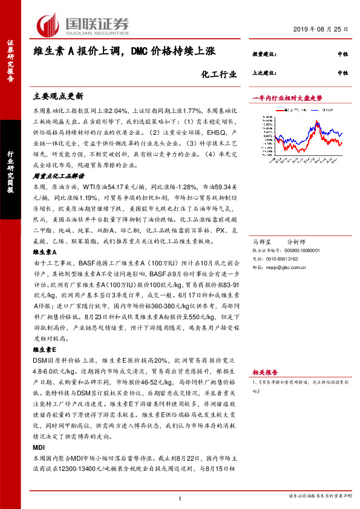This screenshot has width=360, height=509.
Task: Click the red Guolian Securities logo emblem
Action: click(47, 25)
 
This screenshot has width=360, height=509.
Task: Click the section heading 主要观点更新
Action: click(57, 96)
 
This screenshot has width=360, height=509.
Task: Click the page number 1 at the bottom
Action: click(180, 498)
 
